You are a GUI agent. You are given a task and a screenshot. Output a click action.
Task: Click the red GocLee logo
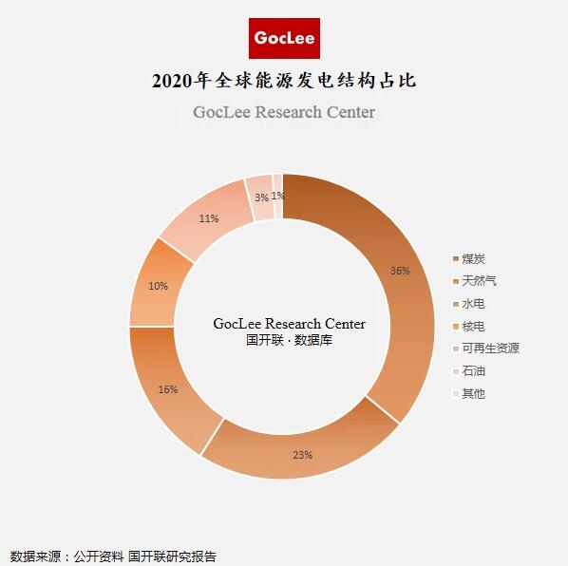click(x=284, y=39)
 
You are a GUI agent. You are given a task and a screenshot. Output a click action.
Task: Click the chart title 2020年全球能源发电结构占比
click(x=284, y=81)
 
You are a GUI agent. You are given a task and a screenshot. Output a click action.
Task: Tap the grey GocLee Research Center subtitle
click(x=284, y=112)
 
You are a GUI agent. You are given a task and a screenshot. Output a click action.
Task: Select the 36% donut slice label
click(x=400, y=271)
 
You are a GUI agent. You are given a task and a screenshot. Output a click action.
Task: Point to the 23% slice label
click(x=302, y=455)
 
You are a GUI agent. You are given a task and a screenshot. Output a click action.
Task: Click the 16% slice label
click(x=168, y=389)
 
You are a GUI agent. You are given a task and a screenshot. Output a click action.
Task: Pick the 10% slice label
click(x=158, y=286)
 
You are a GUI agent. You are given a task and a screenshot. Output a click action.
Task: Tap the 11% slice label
click(x=209, y=218)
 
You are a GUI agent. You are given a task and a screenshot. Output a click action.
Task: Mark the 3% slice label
click(x=261, y=198)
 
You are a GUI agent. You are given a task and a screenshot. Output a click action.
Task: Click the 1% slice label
click(x=277, y=196)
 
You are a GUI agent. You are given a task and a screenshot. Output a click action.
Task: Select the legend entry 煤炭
click(x=473, y=259)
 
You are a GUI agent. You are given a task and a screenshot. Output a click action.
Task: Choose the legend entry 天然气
click(x=479, y=281)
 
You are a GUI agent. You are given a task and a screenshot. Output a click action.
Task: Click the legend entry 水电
click(x=473, y=304)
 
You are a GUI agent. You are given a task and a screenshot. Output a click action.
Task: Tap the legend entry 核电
click(x=473, y=326)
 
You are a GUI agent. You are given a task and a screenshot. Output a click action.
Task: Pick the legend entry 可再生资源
click(x=490, y=349)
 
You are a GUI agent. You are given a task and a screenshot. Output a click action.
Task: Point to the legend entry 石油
click(x=473, y=370)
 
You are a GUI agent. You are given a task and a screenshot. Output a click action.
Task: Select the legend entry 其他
click(x=473, y=393)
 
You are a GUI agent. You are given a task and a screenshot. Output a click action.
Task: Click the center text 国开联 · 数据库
click(x=289, y=340)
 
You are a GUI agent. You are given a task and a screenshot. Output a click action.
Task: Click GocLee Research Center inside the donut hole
click(x=289, y=324)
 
